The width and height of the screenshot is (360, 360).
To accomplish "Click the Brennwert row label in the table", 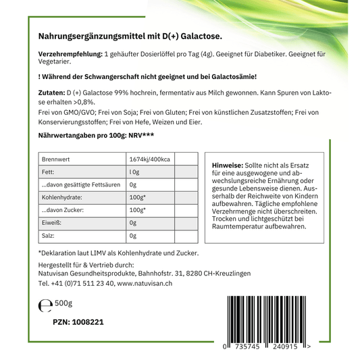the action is click(57, 159).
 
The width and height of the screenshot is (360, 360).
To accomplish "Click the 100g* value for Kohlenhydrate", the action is click(138, 197).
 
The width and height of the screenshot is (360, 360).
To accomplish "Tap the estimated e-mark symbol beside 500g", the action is click(45, 305).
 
